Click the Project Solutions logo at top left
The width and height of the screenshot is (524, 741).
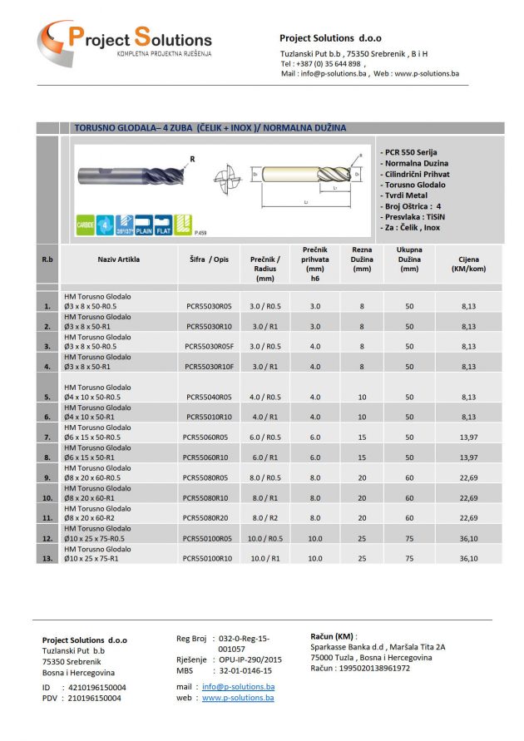pos(124,41)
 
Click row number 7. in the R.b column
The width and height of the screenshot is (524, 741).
pos(47,437)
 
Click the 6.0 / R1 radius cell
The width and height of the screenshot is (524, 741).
pos(264,457)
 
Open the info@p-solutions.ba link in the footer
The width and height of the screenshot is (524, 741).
pos(238,687)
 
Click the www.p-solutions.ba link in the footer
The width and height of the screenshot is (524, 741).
pos(238,698)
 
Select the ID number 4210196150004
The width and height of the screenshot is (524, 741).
pos(96,688)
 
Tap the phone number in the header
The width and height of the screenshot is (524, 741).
pos(322,63)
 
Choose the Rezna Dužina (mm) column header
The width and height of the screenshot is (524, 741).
pos(362,259)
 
